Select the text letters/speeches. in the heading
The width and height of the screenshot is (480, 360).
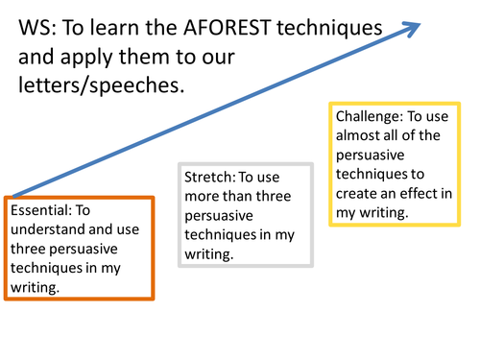(x=101, y=85)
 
